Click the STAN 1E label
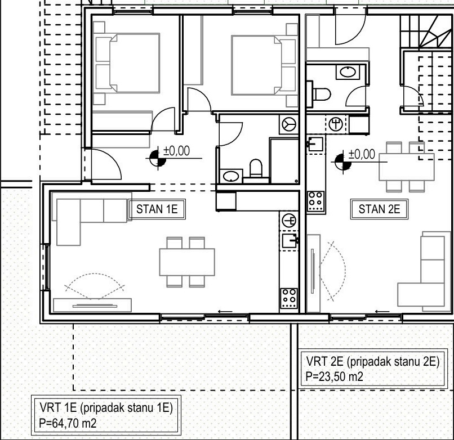(x=157, y=209)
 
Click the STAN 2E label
(x=379, y=209)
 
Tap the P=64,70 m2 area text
(x=68, y=424)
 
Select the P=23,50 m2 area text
(x=335, y=376)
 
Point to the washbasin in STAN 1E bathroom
(x=231, y=176)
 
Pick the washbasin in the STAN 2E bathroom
(x=348, y=72)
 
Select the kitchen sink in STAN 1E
(x=290, y=241)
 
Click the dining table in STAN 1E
(x=187, y=262)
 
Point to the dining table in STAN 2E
(x=407, y=167)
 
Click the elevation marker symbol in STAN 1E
(x=158, y=158)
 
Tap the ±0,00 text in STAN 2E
(x=362, y=154)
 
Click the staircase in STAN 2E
(x=426, y=32)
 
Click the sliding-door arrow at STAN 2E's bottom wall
(x=382, y=312)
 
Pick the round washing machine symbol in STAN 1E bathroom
(x=288, y=124)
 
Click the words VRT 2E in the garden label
(x=324, y=361)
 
